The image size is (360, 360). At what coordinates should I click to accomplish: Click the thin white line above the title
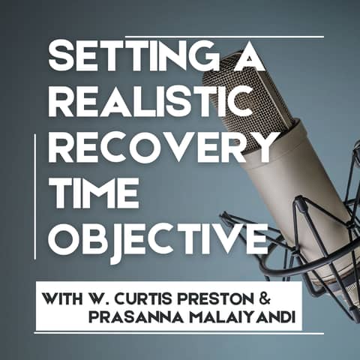point(225,36)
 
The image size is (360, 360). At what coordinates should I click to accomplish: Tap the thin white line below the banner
point(180,333)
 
